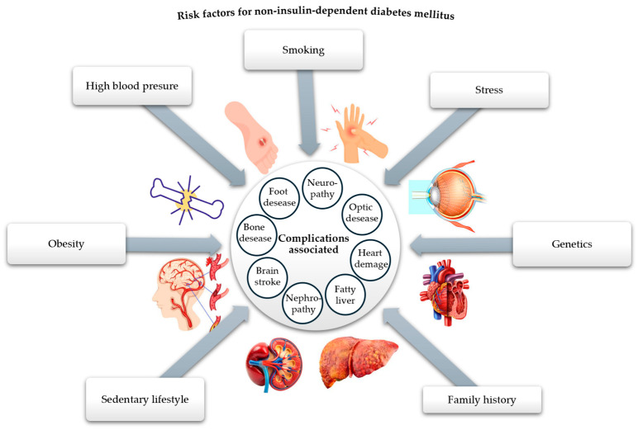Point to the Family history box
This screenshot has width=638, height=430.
point(482,399)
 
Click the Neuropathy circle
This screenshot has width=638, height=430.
point(319,186)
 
